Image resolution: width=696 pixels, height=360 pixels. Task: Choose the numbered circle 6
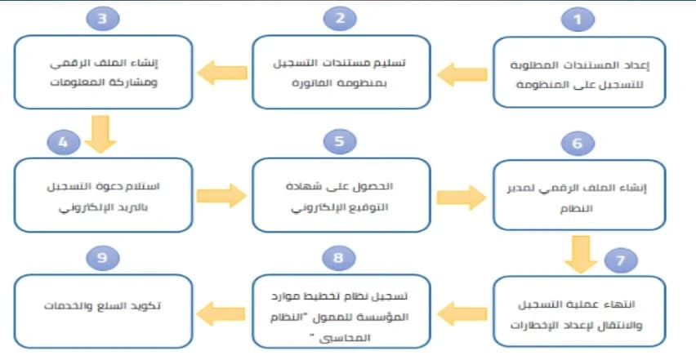pos(578,144)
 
